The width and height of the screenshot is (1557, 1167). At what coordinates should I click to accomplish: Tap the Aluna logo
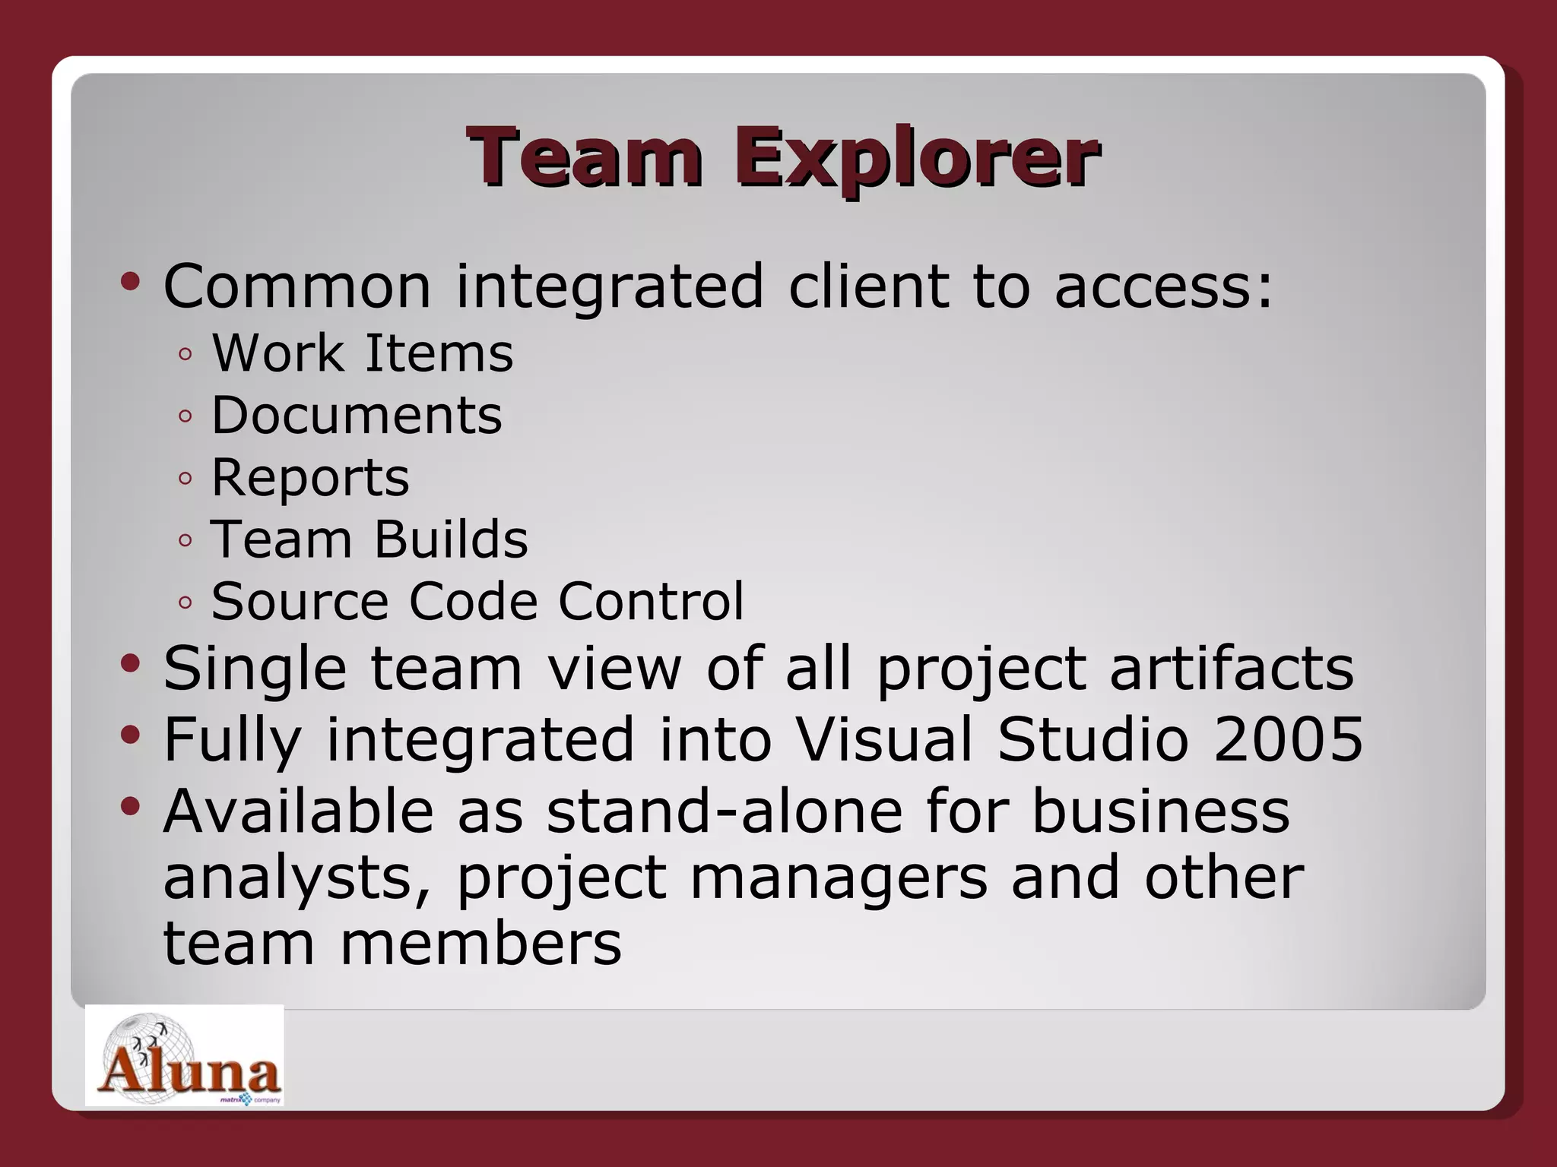(184, 1055)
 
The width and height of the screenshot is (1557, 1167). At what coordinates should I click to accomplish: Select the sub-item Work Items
(363, 353)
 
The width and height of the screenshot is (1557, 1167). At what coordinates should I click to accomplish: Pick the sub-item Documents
(357, 416)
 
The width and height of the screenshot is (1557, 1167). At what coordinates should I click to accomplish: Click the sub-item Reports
(310, 478)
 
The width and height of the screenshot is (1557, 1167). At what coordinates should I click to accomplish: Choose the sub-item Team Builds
(369, 540)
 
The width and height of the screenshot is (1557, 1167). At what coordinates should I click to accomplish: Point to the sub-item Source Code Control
(477, 602)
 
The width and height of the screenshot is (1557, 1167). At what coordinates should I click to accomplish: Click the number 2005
(1288, 739)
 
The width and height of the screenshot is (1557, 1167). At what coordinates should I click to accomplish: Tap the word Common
(297, 287)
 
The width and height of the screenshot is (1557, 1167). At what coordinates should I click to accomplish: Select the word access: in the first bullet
(1163, 287)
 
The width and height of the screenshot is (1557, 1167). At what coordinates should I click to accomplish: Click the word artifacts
(1232, 669)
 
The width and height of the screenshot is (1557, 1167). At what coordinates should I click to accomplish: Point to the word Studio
(1092, 739)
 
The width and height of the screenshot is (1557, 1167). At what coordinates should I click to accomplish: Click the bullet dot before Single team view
(130, 664)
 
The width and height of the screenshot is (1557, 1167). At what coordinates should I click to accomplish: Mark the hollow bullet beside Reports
(185, 479)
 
